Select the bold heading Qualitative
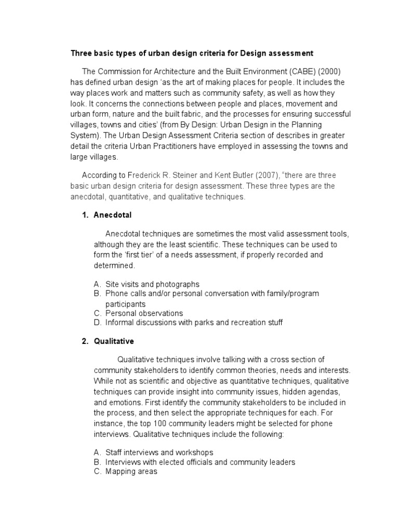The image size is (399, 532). (x=114, y=341)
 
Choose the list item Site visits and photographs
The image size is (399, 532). (x=152, y=284)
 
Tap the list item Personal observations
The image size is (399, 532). (x=144, y=313)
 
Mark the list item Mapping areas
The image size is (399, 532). (x=131, y=472)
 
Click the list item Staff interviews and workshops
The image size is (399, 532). (x=159, y=453)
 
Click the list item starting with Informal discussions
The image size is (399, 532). (x=194, y=323)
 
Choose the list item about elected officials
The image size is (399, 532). (x=200, y=462)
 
